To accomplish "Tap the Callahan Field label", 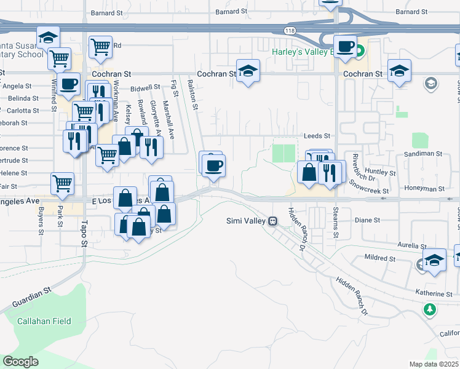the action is click(44, 321).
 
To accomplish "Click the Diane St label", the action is click(368, 220).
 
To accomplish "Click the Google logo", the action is click(20, 361).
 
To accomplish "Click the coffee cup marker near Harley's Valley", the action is click(345, 46).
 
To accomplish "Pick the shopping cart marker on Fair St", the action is click(62, 183).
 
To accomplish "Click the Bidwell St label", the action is click(145, 87).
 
